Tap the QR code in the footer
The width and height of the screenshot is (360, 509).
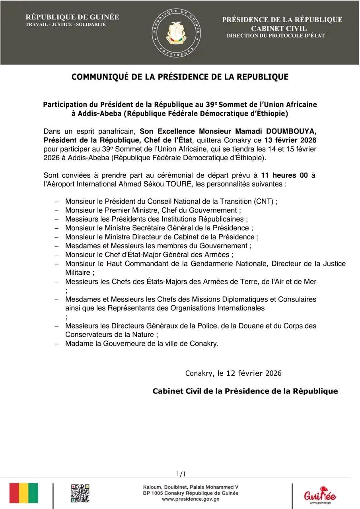coord(80,493)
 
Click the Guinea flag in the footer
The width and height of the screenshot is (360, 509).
coord(24,493)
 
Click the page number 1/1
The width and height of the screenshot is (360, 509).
coord(181,474)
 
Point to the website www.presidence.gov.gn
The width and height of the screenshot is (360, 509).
coord(191,499)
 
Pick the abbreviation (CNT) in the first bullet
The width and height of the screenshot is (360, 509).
coord(265,201)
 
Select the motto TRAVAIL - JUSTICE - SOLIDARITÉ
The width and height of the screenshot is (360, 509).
coord(66,25)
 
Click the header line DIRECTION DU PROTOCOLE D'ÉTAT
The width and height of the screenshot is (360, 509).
coord(276,36)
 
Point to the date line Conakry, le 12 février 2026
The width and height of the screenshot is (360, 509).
coord(233,373)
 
